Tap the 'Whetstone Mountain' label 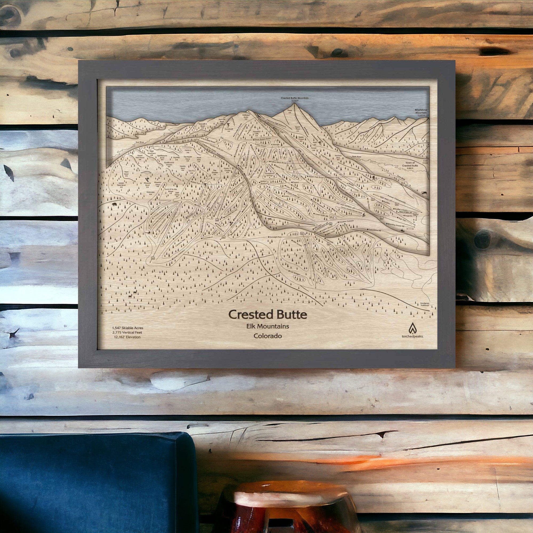tap(421, 111)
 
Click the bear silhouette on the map tap(114, 205)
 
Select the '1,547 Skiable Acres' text tap(127, 328)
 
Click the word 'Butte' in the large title tap(290, 314)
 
